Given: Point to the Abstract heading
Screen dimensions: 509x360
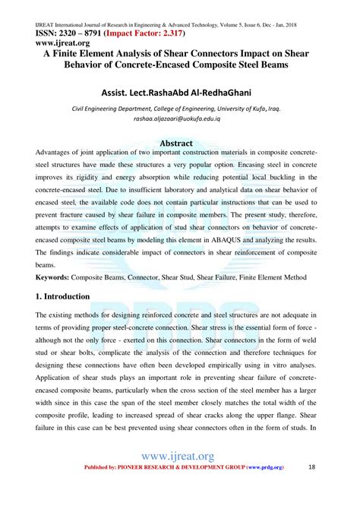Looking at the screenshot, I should (x=180, y=142).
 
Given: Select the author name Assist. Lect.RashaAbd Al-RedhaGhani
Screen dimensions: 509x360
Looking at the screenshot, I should (x=180, y=91).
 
